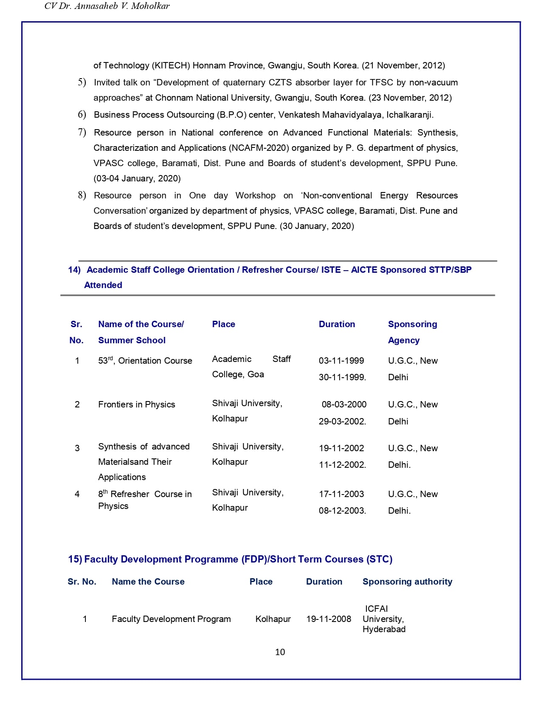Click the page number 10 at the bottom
tap(280, 652)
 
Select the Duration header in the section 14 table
tap(337, 324)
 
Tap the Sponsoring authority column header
tap(407, 582)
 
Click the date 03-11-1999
tap(341, 361)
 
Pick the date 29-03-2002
tap(342, 421)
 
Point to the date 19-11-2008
tap(329, 619)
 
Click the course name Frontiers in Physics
tap(136, 404)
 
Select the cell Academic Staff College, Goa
tap(251, 367)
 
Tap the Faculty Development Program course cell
tap(171, 619)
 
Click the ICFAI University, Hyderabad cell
tap(383, 619)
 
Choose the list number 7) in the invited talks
tap(82, 133)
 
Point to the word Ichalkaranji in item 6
tap(410, 115)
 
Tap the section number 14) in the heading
tap(74, 270)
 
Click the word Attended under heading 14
tap(103, 285)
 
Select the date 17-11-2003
tap(341, 494)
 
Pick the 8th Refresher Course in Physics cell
tap(145, 500)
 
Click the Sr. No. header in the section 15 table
tap(82, 582)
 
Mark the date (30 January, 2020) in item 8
tap(317, 226)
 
